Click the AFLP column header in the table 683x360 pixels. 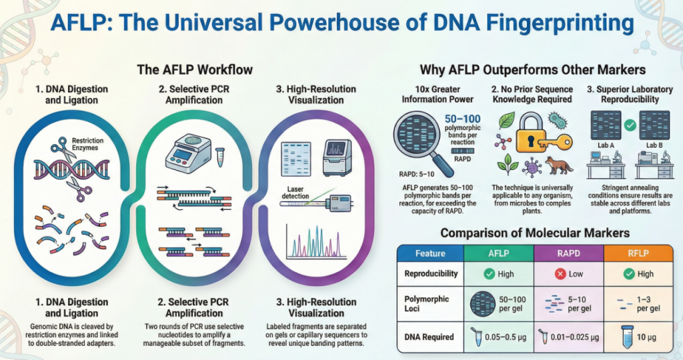(498, 254)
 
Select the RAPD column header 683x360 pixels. (568, 254)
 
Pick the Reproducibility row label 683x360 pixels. (431, 274)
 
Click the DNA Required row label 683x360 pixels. (430, 337)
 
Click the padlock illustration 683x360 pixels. (520, 131)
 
